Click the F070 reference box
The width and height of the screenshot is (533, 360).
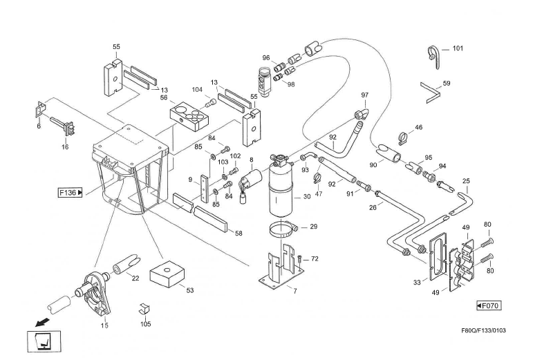tap(488, 305)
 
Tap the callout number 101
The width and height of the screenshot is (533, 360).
tap(458, 48)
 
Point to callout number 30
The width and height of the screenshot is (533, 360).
tap(306, 197)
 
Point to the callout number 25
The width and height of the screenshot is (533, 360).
tap(467, 181)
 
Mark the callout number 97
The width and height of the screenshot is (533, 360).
tap(364, 95)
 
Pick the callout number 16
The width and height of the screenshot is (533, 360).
tap(65, 147)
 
